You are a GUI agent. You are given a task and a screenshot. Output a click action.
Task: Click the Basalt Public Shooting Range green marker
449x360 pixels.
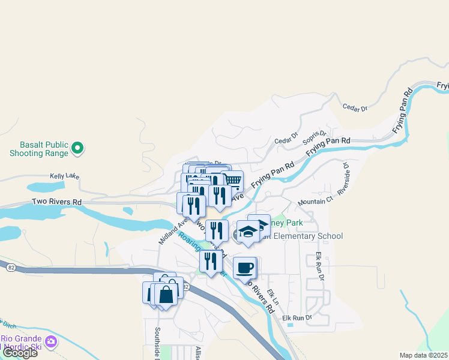(x=77, y=147)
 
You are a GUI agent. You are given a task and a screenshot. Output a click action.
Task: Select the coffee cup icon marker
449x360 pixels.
(x=244, y=268)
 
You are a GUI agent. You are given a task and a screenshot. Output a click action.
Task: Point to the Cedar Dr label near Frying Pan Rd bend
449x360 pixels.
(x=354, y=108)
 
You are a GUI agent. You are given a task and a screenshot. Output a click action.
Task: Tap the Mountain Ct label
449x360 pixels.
(x=315, y=201)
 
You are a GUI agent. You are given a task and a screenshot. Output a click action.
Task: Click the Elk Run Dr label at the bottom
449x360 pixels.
(x=298, y=317)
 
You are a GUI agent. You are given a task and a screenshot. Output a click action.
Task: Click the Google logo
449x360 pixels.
(x=19, y=353)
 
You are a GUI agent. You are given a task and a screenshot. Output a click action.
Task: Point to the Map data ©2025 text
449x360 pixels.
(x=423, y=355)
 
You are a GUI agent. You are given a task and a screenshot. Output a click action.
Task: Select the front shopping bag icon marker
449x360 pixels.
(x=166, y=294)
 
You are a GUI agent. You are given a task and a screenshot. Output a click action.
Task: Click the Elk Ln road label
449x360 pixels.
(x=274, y=296)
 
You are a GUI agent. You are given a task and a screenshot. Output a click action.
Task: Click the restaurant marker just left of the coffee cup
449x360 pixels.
(x=210, y=261)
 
